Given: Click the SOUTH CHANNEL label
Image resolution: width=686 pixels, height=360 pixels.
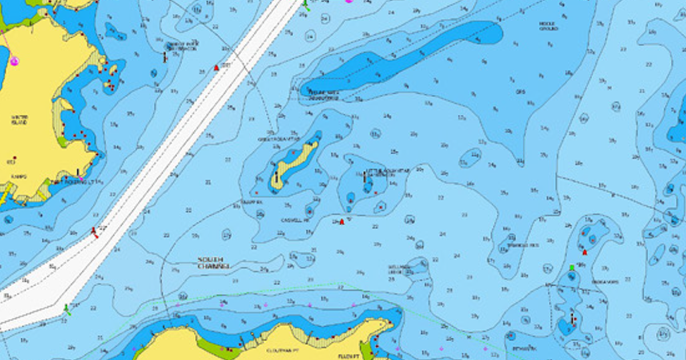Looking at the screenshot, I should click(x=214, y=263).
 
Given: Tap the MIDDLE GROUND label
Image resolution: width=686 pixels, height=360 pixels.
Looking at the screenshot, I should click(x=548, y=26).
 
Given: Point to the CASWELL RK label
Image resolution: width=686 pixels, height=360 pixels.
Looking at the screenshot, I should click(x=295, y=220).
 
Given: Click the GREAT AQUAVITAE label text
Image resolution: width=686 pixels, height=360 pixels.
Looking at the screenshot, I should click(x=279, y=139).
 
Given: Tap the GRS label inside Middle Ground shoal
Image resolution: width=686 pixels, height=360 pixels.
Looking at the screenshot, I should click(x=520, y=91).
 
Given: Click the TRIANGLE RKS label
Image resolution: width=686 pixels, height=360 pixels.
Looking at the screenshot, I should click(x=523, y=246).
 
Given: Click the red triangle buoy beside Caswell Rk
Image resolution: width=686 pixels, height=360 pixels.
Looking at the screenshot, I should click(x=342, y=222).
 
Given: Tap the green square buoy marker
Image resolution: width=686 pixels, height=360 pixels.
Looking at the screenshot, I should click(x=572, y=267).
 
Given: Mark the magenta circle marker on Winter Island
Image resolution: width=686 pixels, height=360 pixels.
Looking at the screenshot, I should click(x=14, y=61).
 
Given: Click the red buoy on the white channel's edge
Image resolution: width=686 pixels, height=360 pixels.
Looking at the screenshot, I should click(x=94, y=231).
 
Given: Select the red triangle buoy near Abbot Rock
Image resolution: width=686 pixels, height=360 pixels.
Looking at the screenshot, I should click(x=217, y=68).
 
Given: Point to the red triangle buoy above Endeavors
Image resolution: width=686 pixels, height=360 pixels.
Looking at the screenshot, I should click(x=585, y=253).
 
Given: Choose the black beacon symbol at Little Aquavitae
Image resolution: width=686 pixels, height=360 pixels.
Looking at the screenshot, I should click(x=365, y=176).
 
